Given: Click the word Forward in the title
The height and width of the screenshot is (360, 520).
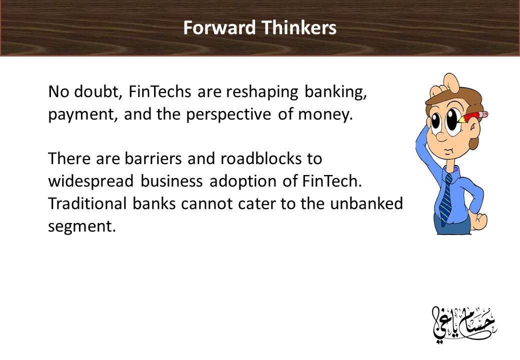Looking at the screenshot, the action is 219,27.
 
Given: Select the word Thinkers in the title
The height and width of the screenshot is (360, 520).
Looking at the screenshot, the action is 299,27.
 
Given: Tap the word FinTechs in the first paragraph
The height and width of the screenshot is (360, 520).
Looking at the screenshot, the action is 159,91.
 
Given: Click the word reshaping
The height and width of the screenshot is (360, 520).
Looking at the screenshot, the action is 262,92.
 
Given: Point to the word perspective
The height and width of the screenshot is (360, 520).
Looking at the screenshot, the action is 228,115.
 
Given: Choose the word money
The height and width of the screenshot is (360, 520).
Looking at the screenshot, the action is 325,115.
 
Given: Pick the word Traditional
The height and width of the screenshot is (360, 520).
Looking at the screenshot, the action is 87,203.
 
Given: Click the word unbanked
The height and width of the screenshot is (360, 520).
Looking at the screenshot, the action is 366,203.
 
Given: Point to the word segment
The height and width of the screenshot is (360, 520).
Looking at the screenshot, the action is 82,227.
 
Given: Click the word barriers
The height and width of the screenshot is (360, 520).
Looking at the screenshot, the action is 153,158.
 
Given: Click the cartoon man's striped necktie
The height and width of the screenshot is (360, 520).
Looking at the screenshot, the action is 446,199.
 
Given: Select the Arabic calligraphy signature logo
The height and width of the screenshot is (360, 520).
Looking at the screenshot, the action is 463,325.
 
